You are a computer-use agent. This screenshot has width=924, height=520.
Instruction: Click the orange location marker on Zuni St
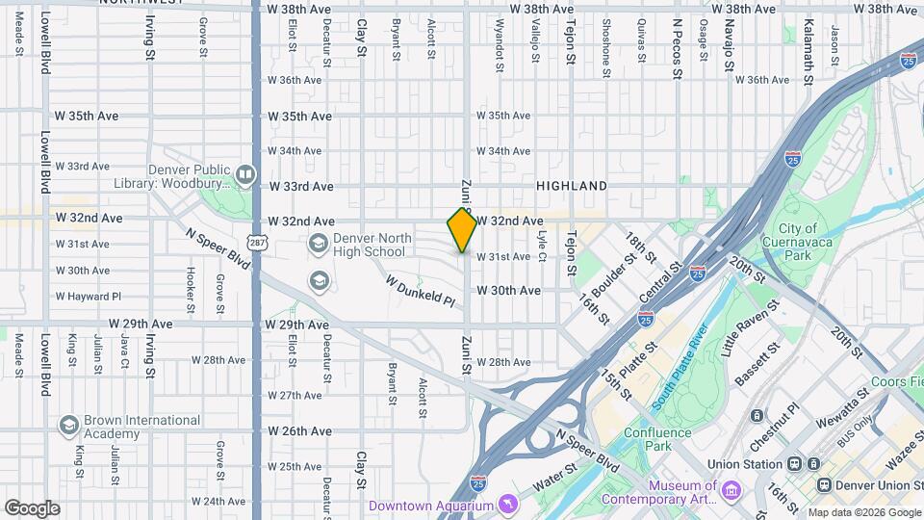[x=462, y=229]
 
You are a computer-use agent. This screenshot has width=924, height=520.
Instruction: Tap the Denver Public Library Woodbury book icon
[x=244, y=174]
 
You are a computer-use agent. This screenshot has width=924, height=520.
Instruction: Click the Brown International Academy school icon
[x=68, y=425]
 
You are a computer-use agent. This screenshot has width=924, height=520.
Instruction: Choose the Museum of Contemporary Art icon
[x=730, y=492]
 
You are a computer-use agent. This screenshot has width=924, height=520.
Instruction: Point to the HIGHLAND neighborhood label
[x=572, y=186]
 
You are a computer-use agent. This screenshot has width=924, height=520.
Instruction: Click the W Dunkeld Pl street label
[x=421, y=292]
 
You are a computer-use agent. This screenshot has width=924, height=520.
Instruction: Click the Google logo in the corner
[x=32, y=507]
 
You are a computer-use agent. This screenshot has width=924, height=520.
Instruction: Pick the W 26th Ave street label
[x=300, y=430]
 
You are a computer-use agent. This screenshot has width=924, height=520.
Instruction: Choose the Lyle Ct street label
[x=541, y=247]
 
